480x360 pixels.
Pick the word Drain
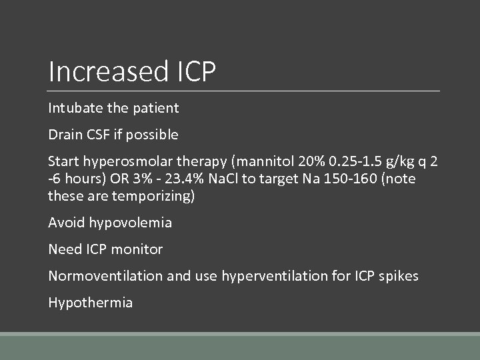tap(64, 135)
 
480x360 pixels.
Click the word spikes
tap(398, 276)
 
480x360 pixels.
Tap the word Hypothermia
tap(91, 303)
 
